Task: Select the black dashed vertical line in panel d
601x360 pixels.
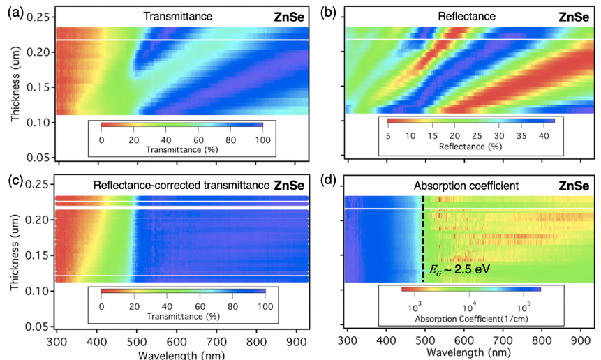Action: [x=423, y=237]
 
